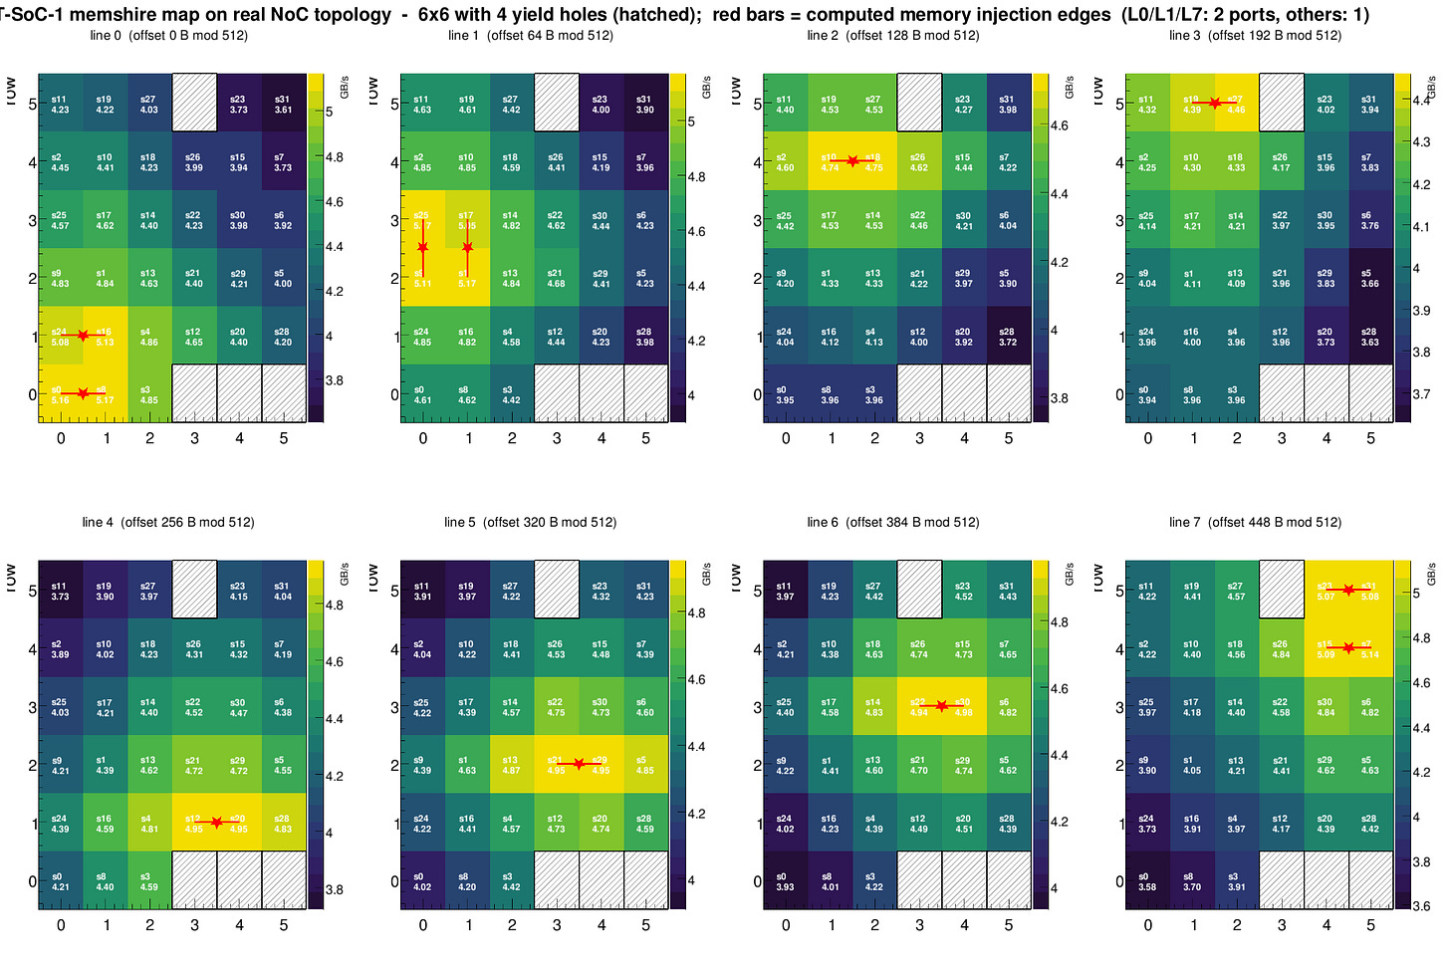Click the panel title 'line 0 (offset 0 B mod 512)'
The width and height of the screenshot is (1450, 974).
[168, 36]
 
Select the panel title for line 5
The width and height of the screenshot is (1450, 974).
[530, 522]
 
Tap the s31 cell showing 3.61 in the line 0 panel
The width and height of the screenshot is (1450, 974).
[284, 104]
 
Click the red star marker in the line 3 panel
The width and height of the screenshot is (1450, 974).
[1214, 103]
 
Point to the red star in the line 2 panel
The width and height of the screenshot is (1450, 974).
[852, 160]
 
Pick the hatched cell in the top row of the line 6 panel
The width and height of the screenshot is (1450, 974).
[919, 590]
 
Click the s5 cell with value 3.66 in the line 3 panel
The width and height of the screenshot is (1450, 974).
[1370, 278]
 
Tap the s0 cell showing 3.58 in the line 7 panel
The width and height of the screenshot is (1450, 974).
[1147, 881]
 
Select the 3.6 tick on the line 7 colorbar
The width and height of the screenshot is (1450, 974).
[1421, 906]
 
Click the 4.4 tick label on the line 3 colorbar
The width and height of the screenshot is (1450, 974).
[1423, 100]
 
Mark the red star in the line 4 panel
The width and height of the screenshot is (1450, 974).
[216, 822]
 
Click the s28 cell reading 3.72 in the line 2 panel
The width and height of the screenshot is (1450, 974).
[1007, 337]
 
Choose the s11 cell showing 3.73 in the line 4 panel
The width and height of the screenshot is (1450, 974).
[61, 591]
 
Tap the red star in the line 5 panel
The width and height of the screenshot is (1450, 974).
[579, 764]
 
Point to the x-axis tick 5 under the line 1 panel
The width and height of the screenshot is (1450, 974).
[646, 438]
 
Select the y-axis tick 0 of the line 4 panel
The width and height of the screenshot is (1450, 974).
[32, 881]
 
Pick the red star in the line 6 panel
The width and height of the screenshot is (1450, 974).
[941, 706]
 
